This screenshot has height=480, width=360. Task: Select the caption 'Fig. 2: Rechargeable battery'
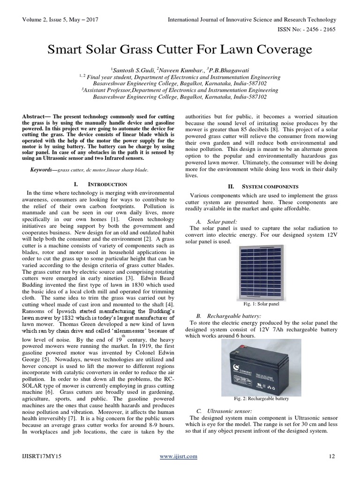coord(262,398)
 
